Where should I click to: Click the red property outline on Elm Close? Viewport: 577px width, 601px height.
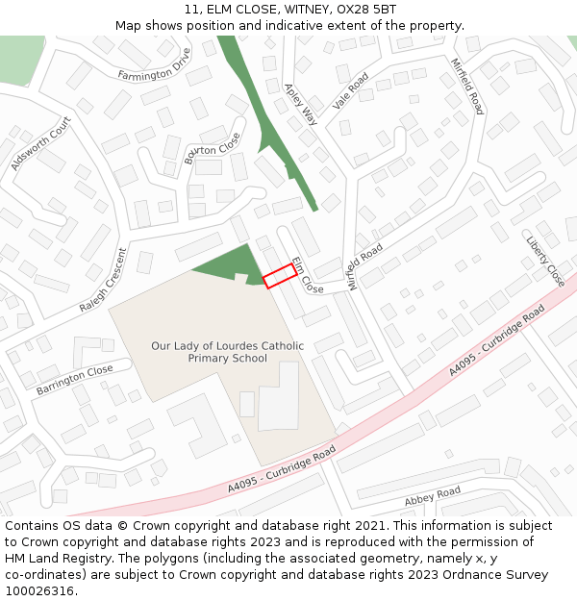(279, 276)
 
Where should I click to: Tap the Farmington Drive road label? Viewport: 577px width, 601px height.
(155, 68)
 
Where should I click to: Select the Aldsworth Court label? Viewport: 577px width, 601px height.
(40, 144)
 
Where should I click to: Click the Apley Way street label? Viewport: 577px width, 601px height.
(300, 104)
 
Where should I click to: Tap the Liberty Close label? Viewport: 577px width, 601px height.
(545, 261)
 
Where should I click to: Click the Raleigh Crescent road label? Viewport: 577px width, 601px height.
(103, 281)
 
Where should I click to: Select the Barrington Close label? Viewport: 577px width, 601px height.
(75, 380)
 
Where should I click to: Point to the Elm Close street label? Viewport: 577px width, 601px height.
(308, 275)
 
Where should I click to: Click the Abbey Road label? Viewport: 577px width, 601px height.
(433, 497)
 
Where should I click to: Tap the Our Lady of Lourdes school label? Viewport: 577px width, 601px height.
(227, 352)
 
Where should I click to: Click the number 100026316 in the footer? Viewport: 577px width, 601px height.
(41, 591)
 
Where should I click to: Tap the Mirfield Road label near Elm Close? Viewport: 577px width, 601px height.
(365, 266)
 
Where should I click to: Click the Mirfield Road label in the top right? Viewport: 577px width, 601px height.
(467, 86)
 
